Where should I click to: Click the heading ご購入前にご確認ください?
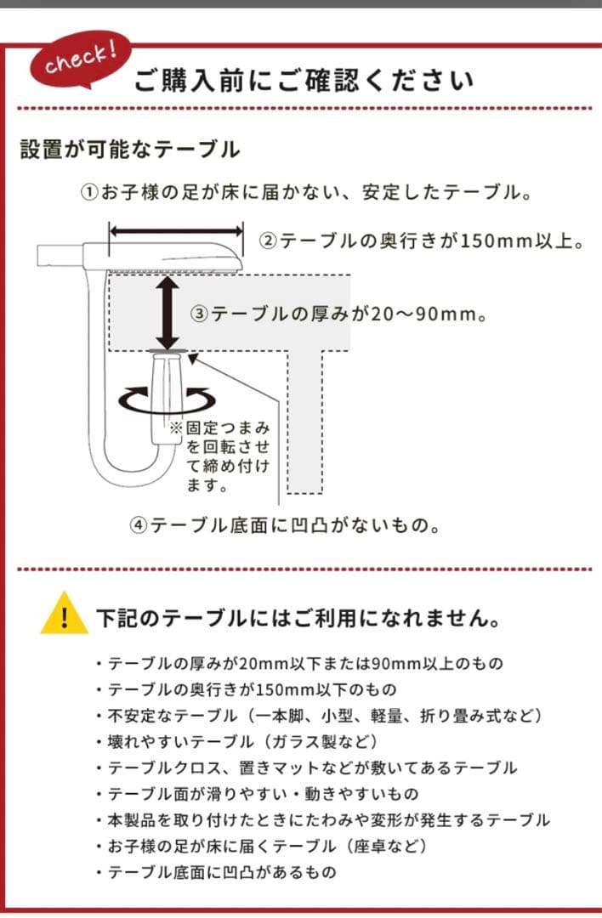coord(304,82)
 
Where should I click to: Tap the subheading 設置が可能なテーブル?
coord(130,150)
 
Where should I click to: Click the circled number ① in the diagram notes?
coord(90,193)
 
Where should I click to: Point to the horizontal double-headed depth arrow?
coord(177,229)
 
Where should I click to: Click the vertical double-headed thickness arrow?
coord(169,311)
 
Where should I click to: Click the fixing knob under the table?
coord(168,395)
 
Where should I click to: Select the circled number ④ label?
coord(139,525)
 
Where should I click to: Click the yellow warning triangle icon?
coord(64,615)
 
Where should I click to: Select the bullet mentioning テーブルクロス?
coord(311,768)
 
